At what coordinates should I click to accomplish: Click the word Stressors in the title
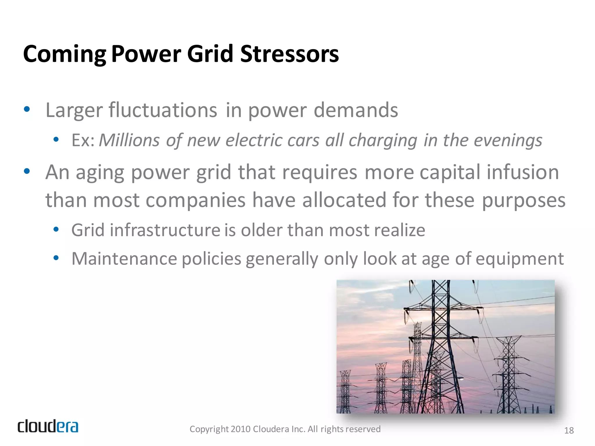(x=289, y=54)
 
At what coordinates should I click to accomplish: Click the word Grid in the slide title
(x=210, y=54)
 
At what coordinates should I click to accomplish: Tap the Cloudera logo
(x=48, y=426)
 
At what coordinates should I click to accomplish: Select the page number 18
(x=569, y=430)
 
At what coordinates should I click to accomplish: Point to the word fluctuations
(x=163, y=110)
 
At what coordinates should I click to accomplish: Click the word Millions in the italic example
(x=129, y=141)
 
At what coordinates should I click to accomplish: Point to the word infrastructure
(x=165, y=230)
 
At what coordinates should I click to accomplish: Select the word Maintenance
(x=124, y=259)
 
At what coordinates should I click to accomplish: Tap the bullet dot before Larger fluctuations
(x=27, y=109)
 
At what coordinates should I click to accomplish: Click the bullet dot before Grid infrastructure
(x=56, y=230)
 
